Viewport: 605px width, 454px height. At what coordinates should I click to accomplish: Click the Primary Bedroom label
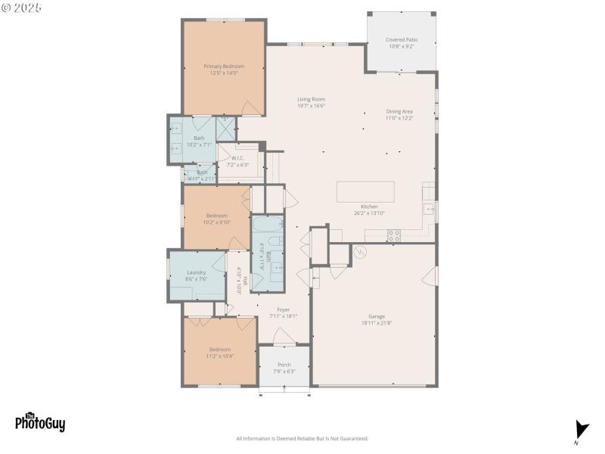[223, 66]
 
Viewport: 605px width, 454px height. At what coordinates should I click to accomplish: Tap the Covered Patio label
[402, 39]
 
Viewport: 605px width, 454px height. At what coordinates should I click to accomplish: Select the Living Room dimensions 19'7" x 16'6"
[311, 106]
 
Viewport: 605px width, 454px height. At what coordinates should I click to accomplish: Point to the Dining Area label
[399, 111]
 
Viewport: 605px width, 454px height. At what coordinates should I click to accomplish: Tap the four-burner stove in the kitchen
[394, 235]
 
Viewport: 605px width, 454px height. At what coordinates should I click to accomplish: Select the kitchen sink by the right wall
[429, 209]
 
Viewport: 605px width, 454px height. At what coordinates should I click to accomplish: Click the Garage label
[376, 316]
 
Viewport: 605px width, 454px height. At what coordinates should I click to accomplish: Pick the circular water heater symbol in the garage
[360, 253]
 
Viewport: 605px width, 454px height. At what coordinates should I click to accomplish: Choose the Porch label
[284, 365]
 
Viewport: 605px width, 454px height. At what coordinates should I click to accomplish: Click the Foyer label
[283, 309]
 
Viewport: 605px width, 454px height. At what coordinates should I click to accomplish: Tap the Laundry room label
[196, 272]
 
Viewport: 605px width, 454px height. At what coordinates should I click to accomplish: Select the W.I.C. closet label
[239, 158]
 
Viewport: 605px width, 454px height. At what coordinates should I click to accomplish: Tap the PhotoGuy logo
[40, 421]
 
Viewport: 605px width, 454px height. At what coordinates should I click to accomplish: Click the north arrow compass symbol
[581, 430]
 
